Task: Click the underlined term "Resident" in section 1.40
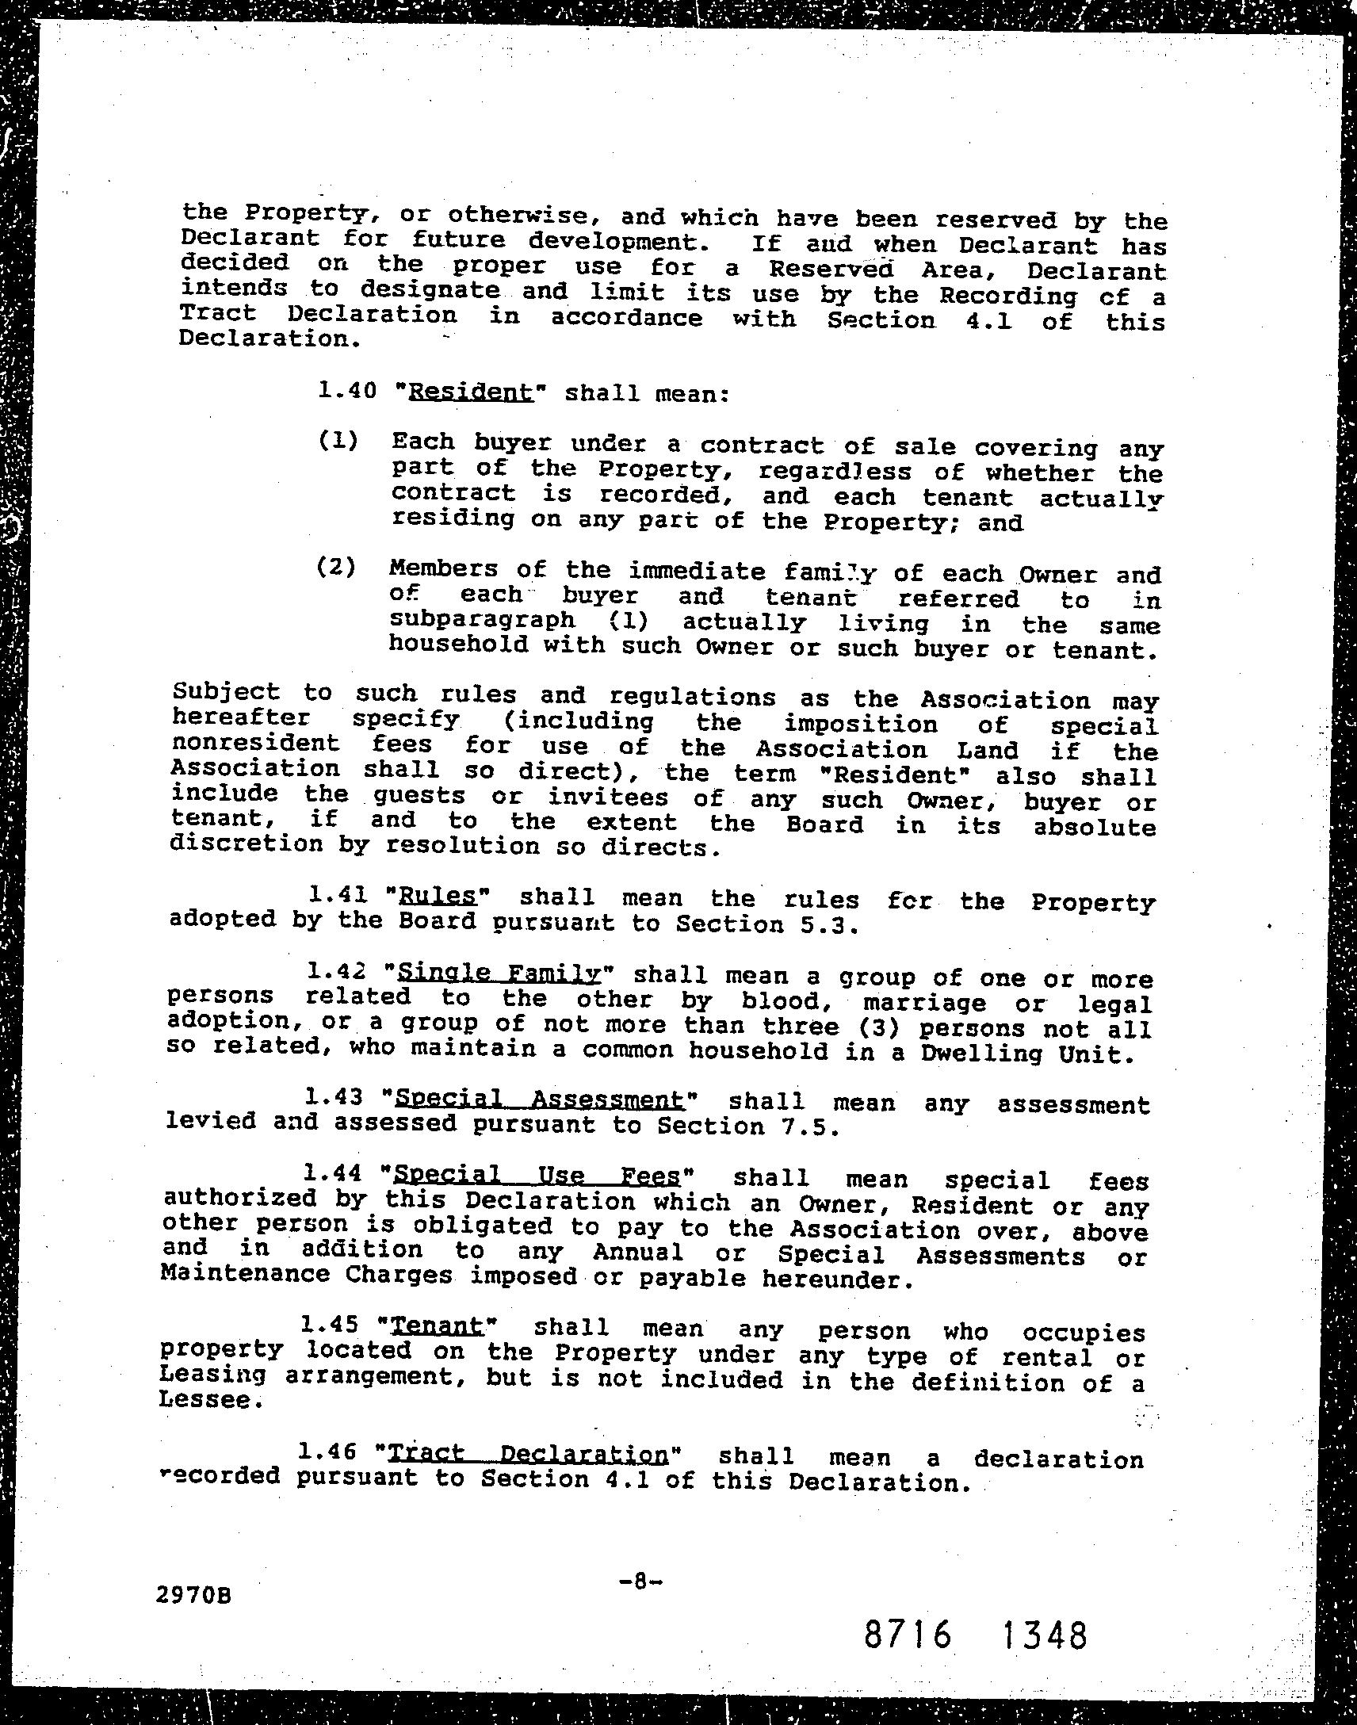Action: tap(470, 392)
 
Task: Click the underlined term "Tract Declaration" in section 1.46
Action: tap(529, 1453)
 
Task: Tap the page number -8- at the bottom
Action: tap(640, 1582)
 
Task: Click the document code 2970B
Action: tap(195, 1595)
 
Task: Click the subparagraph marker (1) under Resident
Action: tap(338, 441)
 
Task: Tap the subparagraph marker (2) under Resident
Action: tap(337, 568)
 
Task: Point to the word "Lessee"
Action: tap(208, 1400)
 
